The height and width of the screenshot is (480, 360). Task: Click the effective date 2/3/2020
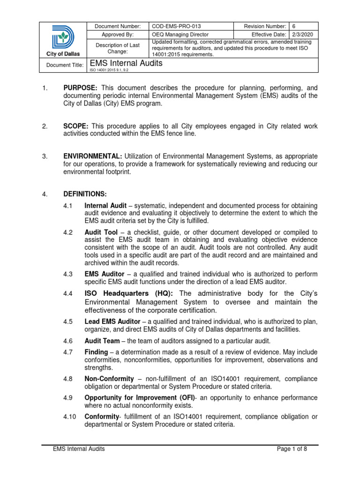[x=303, y=34]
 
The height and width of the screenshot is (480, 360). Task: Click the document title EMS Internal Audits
[x=126, y=63]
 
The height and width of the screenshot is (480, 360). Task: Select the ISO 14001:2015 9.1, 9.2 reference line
[x=109, y=70]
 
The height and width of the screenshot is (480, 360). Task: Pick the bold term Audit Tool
[x=100, y=232]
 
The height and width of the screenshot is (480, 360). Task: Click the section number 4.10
[x=69, y=417]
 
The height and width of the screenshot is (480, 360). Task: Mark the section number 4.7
[x=67, y=352]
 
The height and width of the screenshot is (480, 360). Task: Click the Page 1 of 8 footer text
[x=292, y=449]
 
